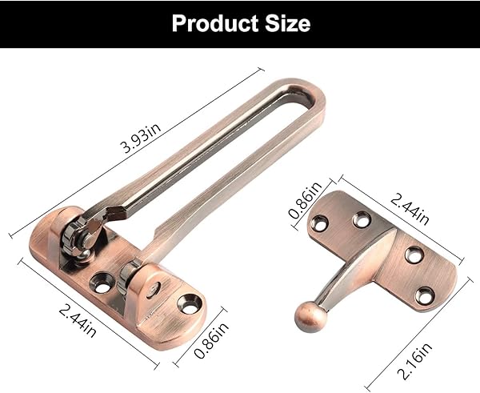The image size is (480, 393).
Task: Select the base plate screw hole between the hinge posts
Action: (x=104, y=279)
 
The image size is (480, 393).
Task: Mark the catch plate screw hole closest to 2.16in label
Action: (x=426, y=294)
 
